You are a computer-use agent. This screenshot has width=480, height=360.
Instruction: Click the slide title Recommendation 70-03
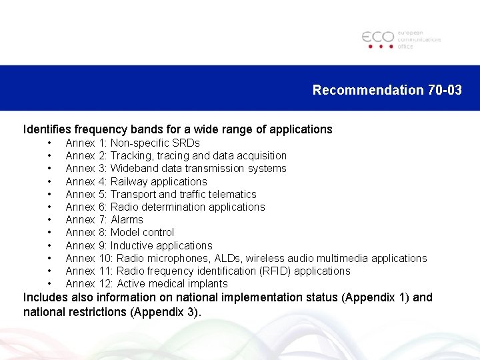pyautogui.click(x=387, y=90)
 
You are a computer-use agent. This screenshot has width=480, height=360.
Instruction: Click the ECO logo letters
pyautogui.click(x=378, y=37)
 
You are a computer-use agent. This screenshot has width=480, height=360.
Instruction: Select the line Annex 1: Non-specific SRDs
pyautogui.click(x=133, y=143)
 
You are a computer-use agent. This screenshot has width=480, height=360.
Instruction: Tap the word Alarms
pyautogui.click(x=127, y=219)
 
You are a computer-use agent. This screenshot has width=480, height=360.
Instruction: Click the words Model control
pyautogui.click(x=142, y=232)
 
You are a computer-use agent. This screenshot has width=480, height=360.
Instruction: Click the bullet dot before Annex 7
pyautogui.click(x=50, y=219)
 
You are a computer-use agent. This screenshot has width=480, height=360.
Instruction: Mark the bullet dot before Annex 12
pyautogui.click(x=50, y=283)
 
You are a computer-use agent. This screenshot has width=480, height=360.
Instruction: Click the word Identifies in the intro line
pyautogui.click(x=48, y=129)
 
